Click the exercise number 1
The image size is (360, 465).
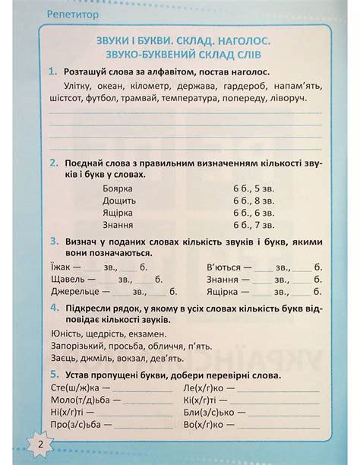point(52,71)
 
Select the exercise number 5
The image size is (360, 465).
point(52,375)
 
